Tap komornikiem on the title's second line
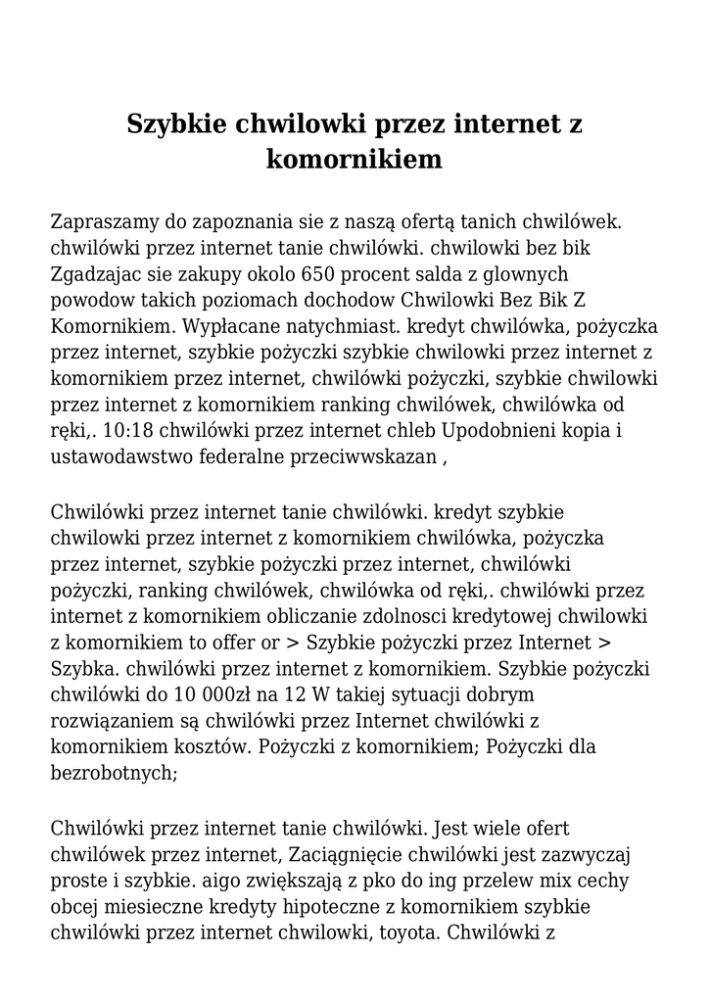[x=354, y=159]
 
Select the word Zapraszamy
[x=106, y=222]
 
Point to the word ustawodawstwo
[x=119, y=455]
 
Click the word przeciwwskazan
[x=363, y=455]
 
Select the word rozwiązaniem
[x=111, y=721]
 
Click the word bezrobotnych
[x=113, y=773]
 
